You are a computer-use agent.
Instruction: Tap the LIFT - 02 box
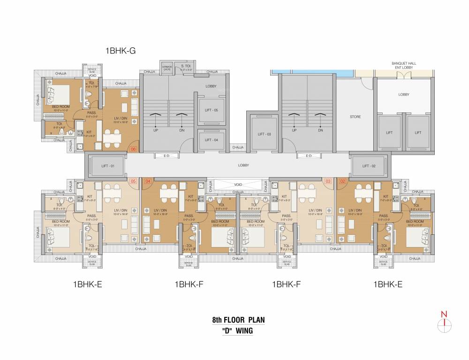tap(369, 165)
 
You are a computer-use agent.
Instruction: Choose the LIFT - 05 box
tap(212, 110)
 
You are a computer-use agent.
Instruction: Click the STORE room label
tap(355, 117)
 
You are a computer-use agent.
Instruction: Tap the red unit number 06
tap(133, 150)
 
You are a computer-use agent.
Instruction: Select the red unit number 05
tap(133, 181)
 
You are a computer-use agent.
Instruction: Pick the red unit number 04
tap(148, 181)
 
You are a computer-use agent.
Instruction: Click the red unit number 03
tap(328, 181)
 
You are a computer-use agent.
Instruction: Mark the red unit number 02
tap(342, 181)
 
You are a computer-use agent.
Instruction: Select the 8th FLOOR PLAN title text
tap(238, 320)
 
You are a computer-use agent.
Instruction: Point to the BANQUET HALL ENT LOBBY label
tap(404, 65)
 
